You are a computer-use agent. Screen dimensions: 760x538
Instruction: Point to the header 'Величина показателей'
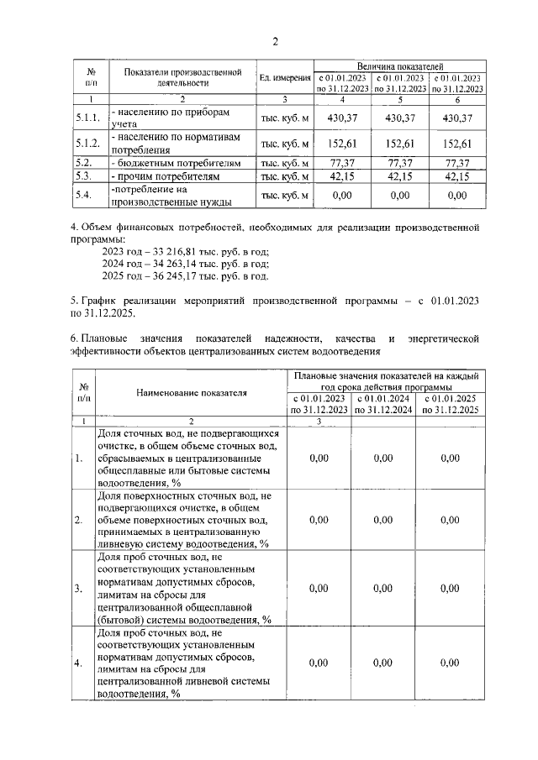pyautogui.click(x=399, y=66)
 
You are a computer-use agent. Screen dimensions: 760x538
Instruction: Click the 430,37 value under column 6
pyautogui.click(x=457, y=118)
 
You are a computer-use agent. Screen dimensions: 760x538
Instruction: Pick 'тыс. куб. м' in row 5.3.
pyautogui.click(x=285, y=176)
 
